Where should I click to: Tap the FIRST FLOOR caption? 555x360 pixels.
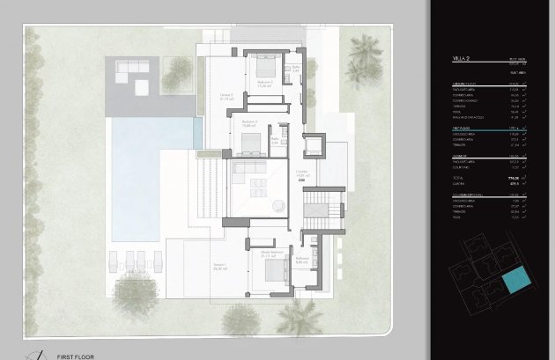(x=76, y=356)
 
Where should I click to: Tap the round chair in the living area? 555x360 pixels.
(x=277, y=206)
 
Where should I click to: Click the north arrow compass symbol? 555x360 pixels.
(x=35, y=354)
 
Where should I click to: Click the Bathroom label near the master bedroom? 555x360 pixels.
(x=301, y=259)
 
